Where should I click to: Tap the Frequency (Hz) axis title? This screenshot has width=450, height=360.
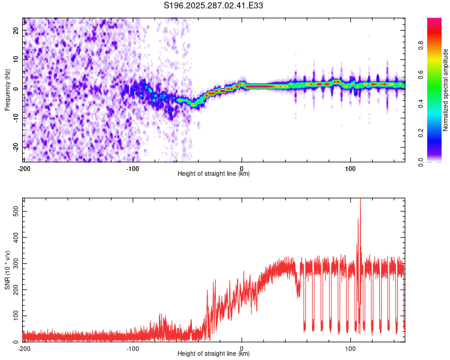pos(8,90)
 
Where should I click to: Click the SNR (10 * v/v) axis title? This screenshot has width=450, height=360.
pos(8,269)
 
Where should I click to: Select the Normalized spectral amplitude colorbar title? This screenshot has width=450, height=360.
pos(446,90)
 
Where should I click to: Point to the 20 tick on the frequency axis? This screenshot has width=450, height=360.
pos(17,30)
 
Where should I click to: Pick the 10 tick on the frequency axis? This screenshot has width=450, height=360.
pos(17,59)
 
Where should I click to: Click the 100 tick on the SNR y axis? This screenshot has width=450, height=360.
pos(14,316)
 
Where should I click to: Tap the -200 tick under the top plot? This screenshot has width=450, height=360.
pos(24,167)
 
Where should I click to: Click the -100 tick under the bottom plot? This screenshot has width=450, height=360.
pos(133,348)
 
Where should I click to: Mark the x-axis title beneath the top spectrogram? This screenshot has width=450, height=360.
pos(214,174)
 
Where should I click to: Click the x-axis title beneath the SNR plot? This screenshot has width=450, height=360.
pos(214,355)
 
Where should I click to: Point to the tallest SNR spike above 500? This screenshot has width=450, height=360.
pos(360,202)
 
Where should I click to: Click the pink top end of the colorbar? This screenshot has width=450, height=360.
pos(434,21)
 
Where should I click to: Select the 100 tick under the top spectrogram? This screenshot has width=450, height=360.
pos(350,167)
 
